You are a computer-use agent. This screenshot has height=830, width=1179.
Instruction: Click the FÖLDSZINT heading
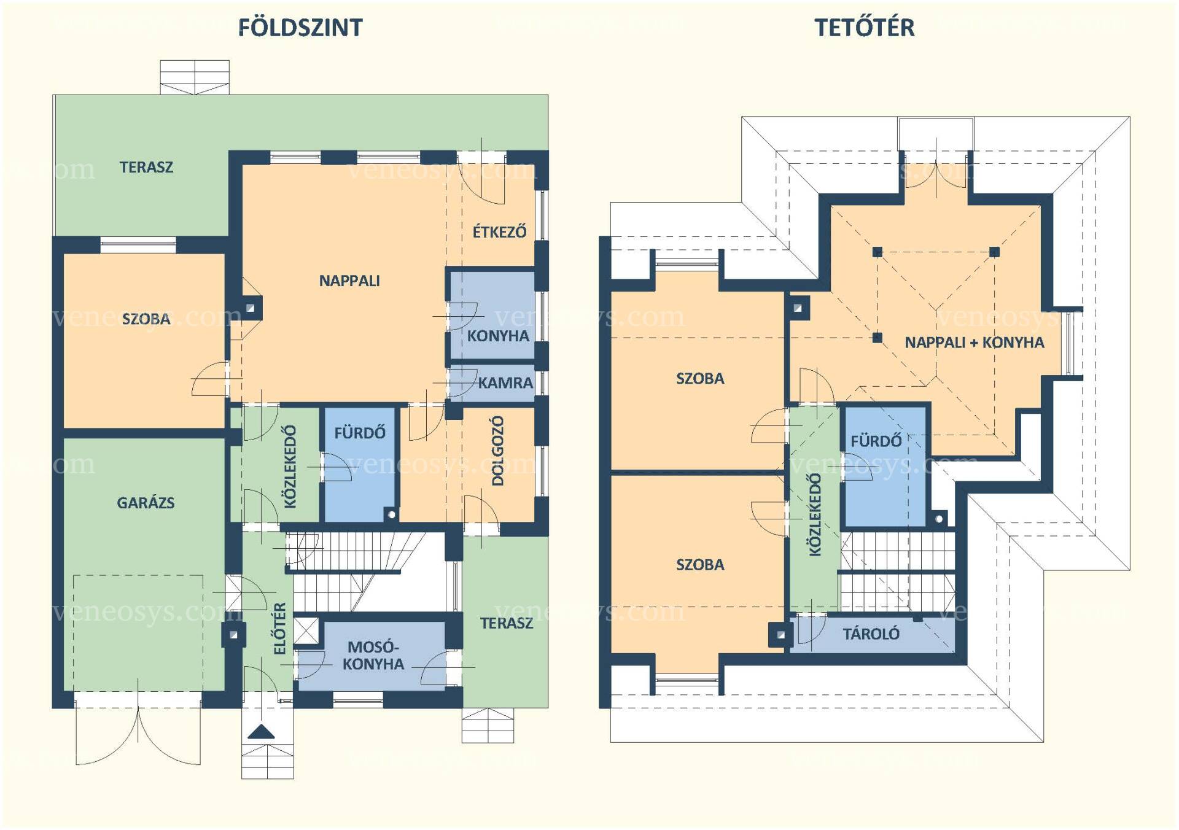tap(300, 27)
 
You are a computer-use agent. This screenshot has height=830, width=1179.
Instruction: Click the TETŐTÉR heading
tap(865, 27)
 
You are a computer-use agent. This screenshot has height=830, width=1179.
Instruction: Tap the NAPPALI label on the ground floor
tap(349, 281)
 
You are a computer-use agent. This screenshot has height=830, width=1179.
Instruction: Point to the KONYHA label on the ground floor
tap(498, 336)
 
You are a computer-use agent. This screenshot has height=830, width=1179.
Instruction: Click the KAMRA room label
tap(505, 382)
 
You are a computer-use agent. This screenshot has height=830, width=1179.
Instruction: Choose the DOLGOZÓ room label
tap(498, 451)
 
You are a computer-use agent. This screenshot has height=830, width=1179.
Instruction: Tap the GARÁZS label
tap(146, 502)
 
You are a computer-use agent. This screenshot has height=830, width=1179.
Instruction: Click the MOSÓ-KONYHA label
tap(373, 655)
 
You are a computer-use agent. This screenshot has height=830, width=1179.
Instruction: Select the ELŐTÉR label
tap(279, 628)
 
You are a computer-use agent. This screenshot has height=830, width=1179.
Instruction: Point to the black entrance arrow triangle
tap(261, 731)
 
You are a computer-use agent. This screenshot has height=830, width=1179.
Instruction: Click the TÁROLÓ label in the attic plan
tap(871, 633)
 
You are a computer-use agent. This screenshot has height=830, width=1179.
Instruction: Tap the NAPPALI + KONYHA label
tap(974, 342)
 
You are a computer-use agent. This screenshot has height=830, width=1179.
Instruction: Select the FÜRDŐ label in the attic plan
tap(876, 440)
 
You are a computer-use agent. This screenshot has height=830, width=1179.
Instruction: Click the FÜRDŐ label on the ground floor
tap(360, 432)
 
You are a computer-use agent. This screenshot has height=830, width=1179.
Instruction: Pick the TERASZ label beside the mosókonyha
tap(507, 623)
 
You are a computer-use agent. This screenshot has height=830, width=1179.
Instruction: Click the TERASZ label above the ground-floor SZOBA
tap(146, 167)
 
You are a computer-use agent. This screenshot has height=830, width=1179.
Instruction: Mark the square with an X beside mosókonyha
tap(306, 630)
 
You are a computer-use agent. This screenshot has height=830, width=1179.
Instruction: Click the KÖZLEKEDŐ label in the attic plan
tap(815, 514)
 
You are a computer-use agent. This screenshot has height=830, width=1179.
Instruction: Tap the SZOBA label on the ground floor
tap(146, 319)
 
